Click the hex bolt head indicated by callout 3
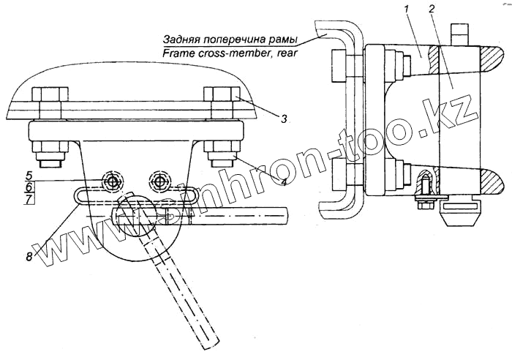220,97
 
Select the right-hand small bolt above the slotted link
160,180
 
